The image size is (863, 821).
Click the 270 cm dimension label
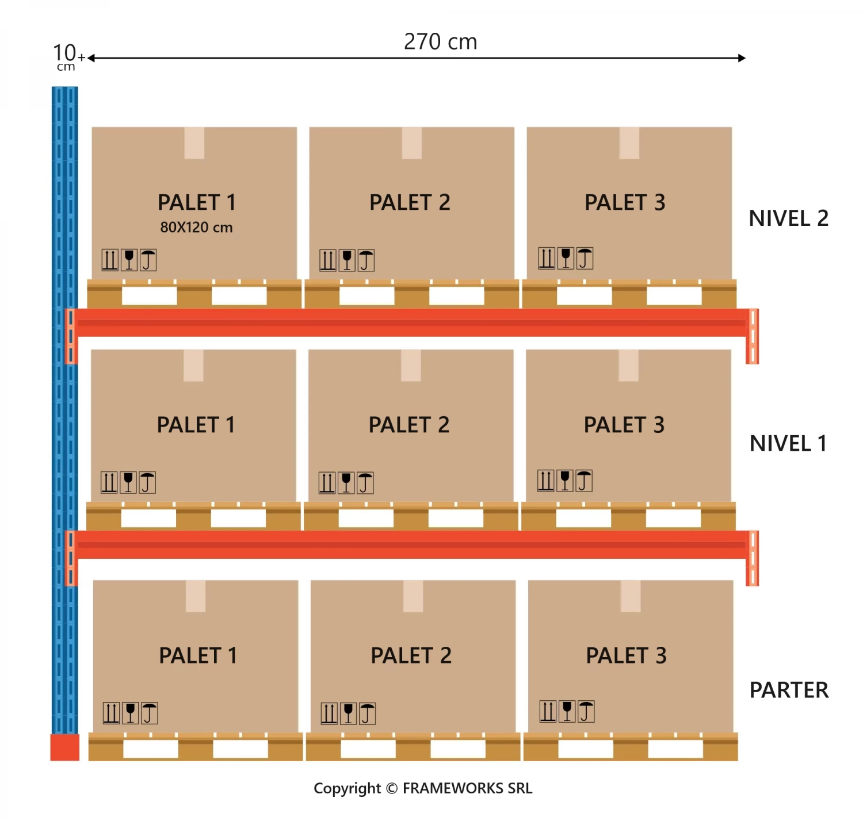440,42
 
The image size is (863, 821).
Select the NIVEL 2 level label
788,218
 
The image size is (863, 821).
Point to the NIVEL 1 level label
788,443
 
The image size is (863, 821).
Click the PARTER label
789,690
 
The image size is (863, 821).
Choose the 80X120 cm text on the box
196,228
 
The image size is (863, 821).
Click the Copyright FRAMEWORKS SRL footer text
423,788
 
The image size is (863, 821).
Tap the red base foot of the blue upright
64,747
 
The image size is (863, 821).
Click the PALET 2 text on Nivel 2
410,202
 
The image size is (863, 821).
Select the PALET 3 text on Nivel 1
624,425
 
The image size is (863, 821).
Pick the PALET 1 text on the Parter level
198,655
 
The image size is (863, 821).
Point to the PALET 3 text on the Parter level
626,655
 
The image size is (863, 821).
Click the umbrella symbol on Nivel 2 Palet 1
148,260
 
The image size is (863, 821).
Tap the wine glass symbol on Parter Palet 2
348,713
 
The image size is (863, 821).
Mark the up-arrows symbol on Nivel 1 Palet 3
545,481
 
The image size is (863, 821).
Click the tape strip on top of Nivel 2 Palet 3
629,143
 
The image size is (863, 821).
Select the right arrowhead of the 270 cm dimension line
742,58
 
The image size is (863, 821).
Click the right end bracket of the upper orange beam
752,336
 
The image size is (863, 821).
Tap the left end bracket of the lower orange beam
70,558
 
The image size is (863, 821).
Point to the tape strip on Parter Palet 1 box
196,596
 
